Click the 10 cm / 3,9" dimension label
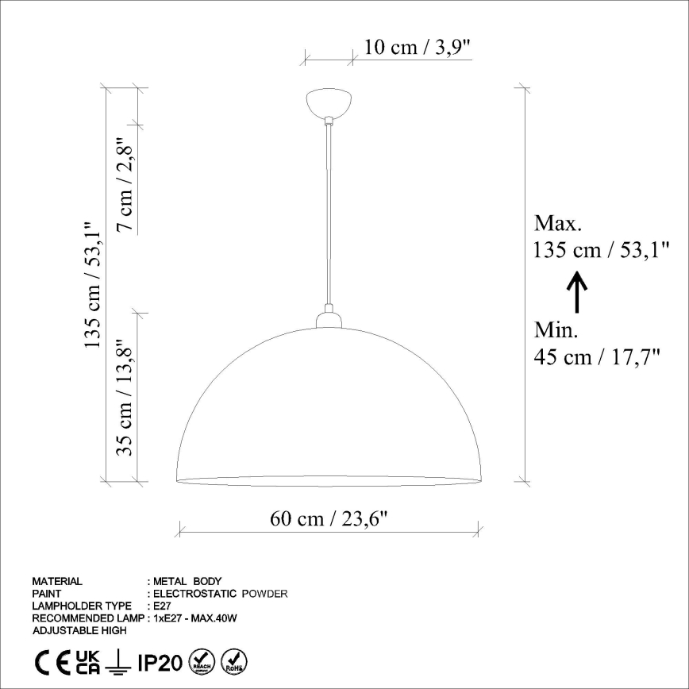pos(418,48)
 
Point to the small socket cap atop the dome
pos(329,318)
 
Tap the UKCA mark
pos(88,660)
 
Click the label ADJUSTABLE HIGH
pos(79,630)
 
